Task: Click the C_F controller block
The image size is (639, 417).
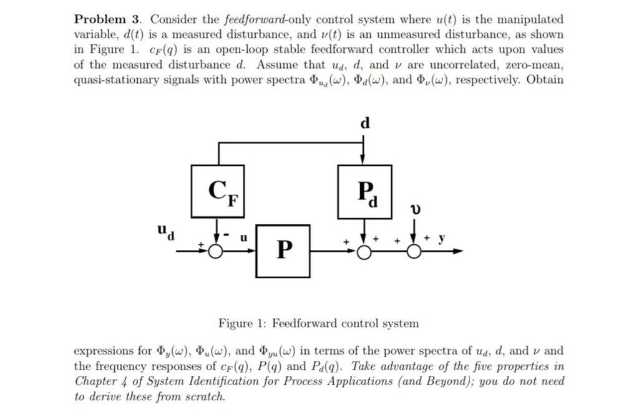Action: [x=217, y=191]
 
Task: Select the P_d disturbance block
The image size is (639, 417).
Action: [x=364, y=191]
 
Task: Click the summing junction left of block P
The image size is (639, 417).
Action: [x=216, y=251]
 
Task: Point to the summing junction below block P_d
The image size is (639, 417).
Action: [x=364, y=251]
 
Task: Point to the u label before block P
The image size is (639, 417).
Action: [x=244, y=238]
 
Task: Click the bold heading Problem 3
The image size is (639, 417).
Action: [x=109, y=19]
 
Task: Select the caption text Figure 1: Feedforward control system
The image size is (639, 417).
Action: [x=318, y=324]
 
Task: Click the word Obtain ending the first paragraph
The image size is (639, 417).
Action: [x=545, y=80]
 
